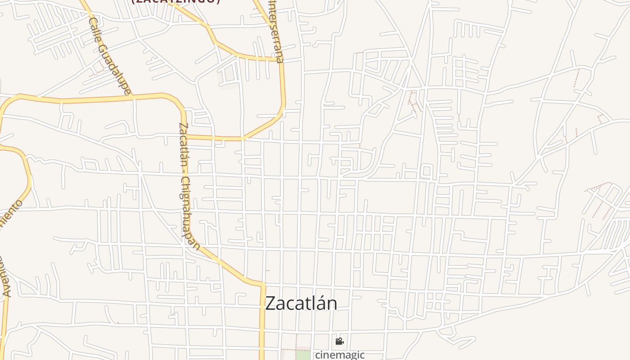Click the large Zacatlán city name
(301, 303)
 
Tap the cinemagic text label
(339, 355)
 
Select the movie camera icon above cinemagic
(339, 342)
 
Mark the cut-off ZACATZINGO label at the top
(176, 1)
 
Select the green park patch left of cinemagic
(304, 355)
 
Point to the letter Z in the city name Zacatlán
(270, 303)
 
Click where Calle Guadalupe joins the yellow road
(132, 96)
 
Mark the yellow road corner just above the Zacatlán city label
(263, 284)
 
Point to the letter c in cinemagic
(318, 355)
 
